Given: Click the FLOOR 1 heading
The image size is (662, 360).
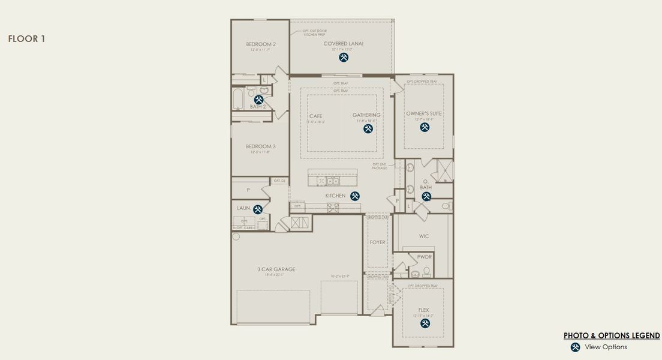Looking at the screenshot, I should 26,39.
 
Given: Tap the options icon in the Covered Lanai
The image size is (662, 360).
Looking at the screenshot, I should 344,58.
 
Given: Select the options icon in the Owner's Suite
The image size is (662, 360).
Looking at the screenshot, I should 425,127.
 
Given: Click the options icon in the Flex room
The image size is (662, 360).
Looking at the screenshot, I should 425,323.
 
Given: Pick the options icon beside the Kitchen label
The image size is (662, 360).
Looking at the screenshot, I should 355,196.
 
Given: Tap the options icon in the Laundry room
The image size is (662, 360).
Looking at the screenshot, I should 258,209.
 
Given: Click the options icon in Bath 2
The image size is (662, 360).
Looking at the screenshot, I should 259,100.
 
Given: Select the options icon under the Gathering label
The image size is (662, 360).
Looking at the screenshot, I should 368,128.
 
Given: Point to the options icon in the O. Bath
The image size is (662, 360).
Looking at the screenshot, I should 426,196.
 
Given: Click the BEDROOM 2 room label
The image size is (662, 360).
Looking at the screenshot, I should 261,44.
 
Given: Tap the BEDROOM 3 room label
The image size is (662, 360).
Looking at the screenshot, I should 261,146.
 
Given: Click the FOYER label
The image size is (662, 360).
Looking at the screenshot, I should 378,242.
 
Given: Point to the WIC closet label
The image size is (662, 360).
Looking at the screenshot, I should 424,236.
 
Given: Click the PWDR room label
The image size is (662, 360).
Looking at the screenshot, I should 425,256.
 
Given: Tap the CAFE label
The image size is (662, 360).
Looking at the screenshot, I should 316,116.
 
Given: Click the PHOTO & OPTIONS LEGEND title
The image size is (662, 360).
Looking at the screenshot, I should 612,336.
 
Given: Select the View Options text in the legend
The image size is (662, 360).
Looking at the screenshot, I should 606,347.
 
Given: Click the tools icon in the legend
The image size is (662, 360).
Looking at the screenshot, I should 576,347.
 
